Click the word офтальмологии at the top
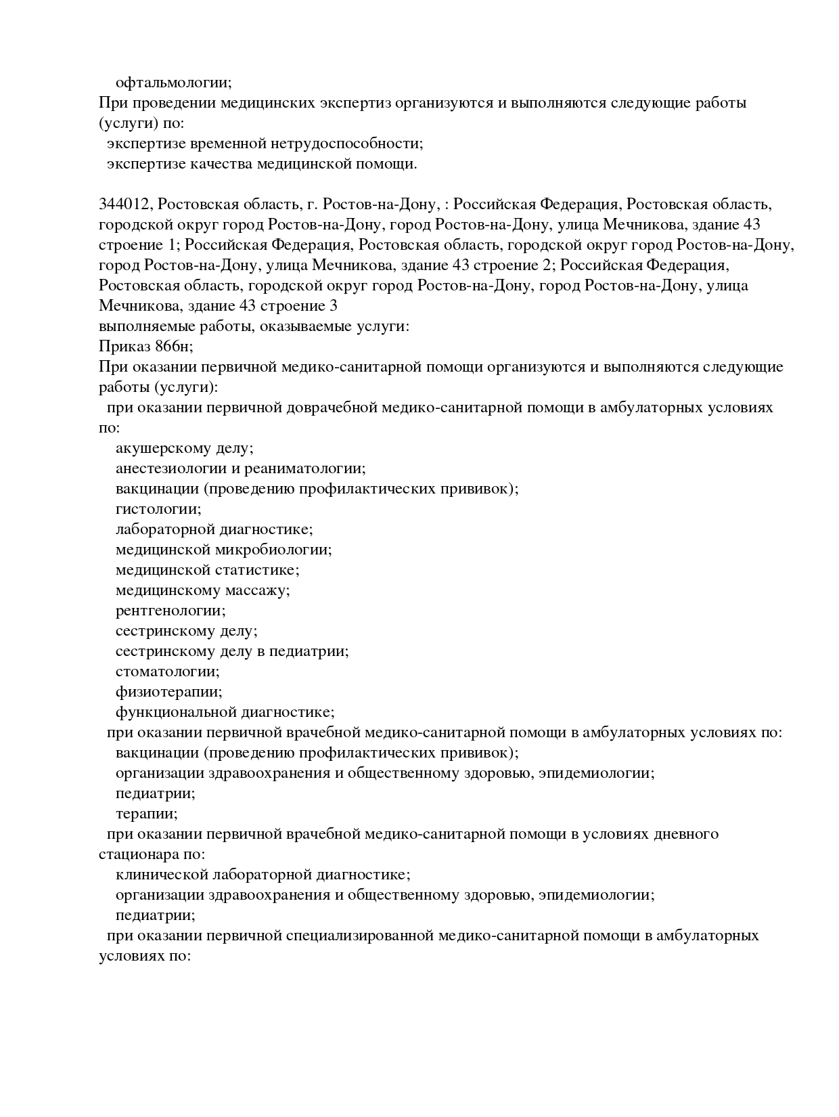coord(173,83)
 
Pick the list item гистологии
coord(158,509)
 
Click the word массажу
coord(256,590)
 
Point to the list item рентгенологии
coord(171,611)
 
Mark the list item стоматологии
coord(167,672)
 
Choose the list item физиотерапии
coord(168,692)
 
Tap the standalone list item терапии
coord(146,814)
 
